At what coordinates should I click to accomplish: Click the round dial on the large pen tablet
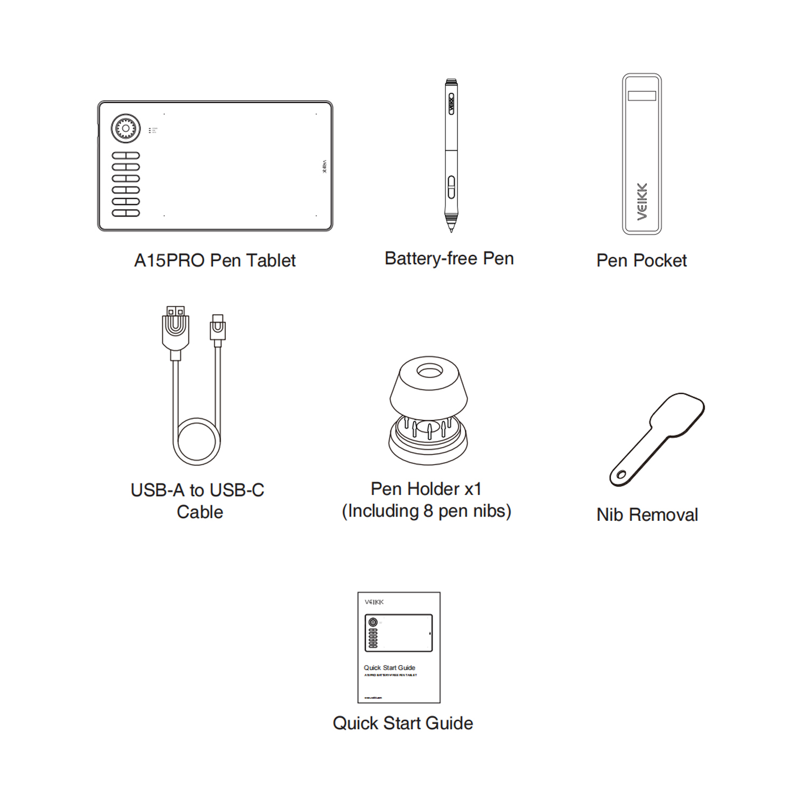point(126,128)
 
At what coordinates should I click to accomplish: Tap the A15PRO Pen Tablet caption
point(214,261)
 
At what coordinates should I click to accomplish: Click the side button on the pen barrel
point(451,187)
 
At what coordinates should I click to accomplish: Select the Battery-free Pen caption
point(449,259)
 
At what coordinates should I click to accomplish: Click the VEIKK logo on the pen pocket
point(642,201)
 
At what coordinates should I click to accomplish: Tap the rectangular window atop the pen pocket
point(642,95)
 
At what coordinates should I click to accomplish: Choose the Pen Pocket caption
point(641,261)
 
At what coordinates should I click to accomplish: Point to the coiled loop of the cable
point(197,442)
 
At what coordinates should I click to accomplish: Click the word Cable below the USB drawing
point(199,512)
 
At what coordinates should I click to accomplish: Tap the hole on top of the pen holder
point(429,371)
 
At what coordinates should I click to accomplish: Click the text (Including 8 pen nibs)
point(426,511)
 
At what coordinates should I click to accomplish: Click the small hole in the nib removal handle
point(621,475)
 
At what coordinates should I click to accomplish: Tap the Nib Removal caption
point(647,515)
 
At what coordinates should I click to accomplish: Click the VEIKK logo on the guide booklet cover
point(374,602)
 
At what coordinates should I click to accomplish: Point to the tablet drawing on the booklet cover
point(399,633)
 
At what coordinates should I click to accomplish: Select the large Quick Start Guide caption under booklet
point(402,723)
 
